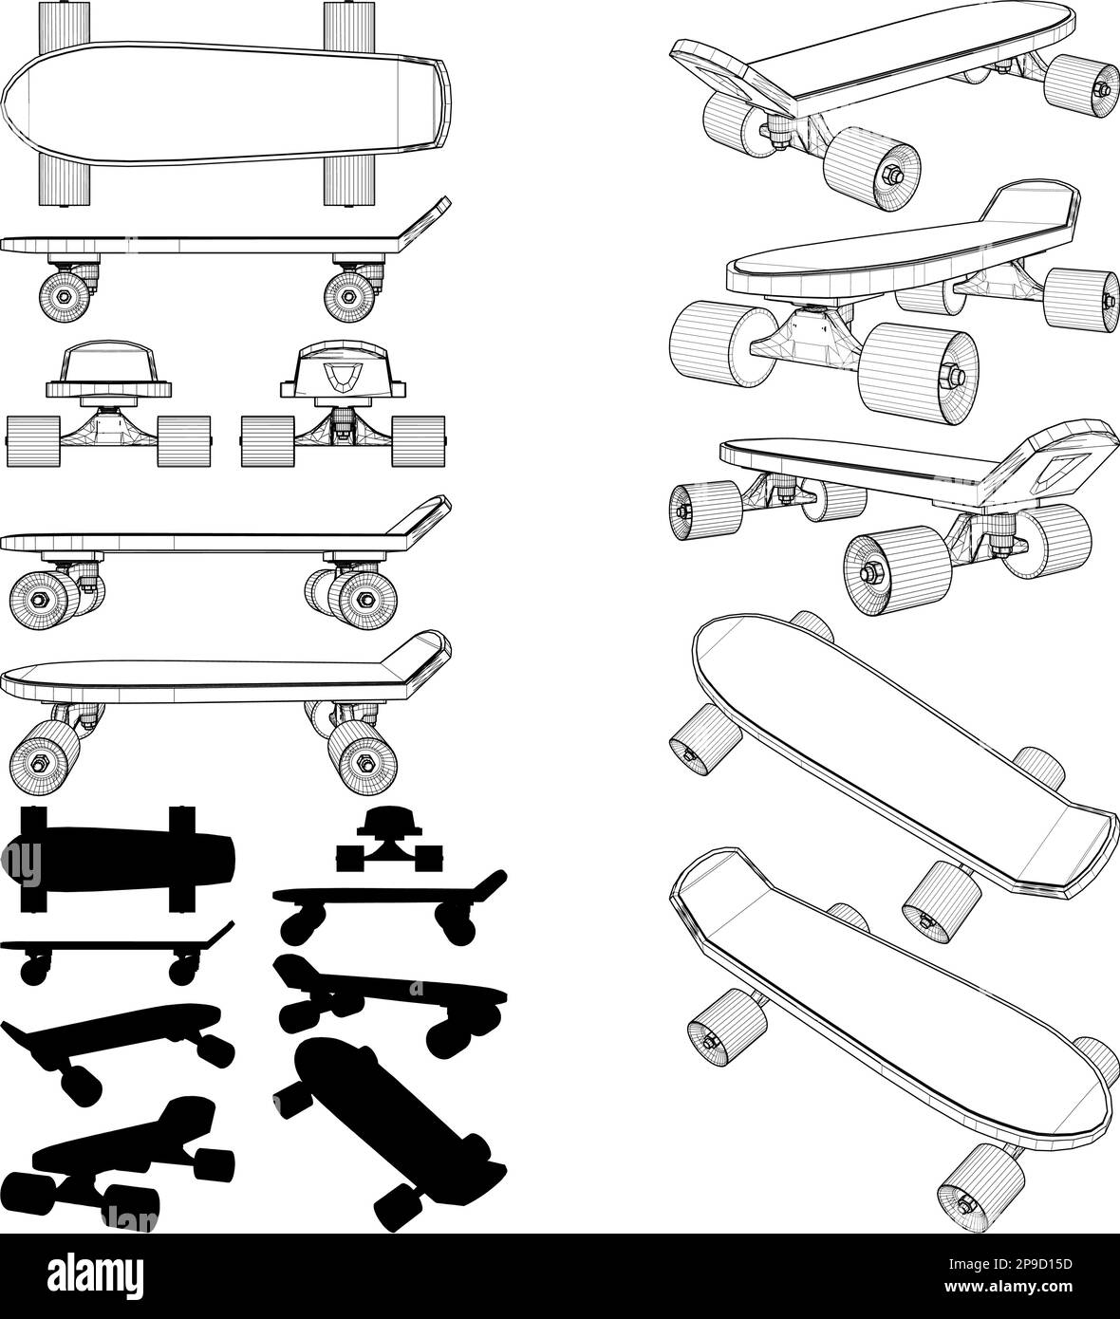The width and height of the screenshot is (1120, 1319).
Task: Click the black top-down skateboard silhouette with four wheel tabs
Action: (119, 855)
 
